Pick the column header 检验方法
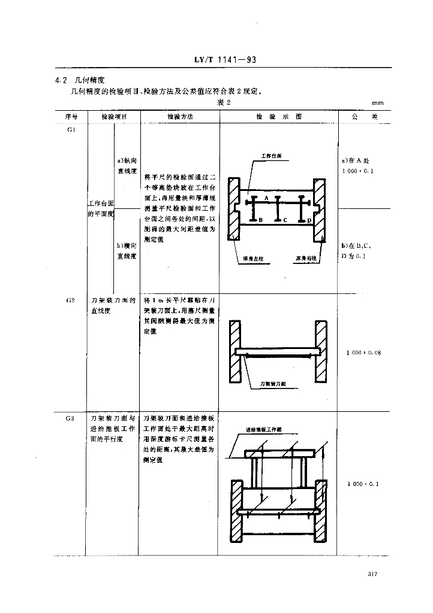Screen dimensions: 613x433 [x=180, y=117]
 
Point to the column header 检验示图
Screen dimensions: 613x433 [x=278, y=117]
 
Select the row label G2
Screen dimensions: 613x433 [x=71, y=299]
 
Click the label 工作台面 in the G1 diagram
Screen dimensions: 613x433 [x=271, y=156]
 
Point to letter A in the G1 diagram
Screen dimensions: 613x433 [x=266, y=196]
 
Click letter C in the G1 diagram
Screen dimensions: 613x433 [x=285, y=220]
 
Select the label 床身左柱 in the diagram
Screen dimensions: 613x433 [x=254, y=259]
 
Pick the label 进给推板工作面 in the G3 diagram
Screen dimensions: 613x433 [x=264, y=429]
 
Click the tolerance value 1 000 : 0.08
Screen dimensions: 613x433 [x=364, y=352]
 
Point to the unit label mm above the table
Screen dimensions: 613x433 [x=377, y=103]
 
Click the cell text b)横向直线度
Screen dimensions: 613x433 [x=127, y=251]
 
